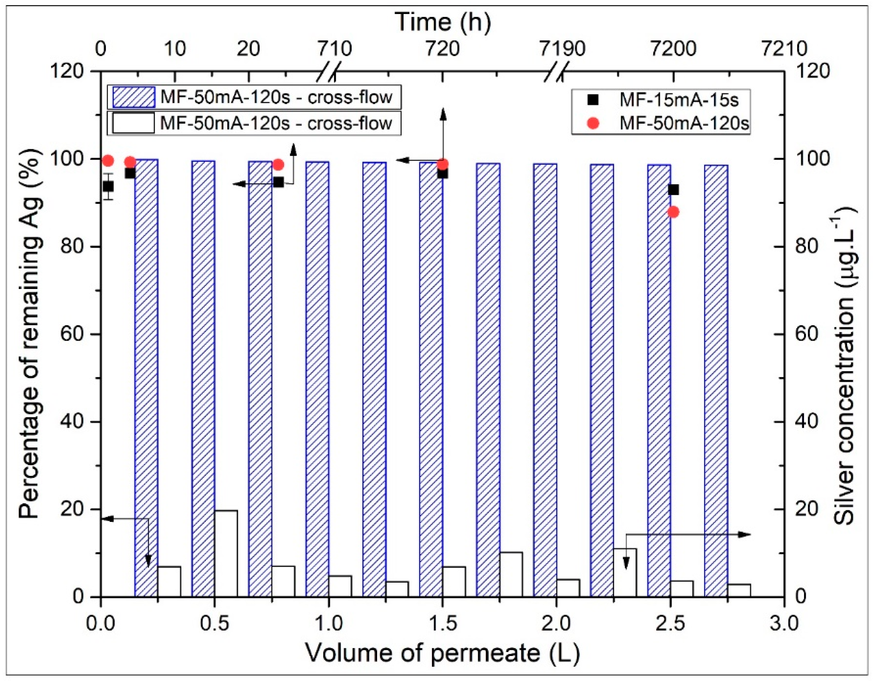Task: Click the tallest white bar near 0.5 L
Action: (226, 553)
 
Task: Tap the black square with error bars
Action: (108, 186)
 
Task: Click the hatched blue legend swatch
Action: (134, 97)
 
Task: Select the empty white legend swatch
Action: (134, 123)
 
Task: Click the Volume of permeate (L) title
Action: (442, 653)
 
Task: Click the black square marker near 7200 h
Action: (673, 190)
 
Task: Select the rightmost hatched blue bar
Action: (716, 380)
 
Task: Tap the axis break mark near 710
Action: (330, 72)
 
